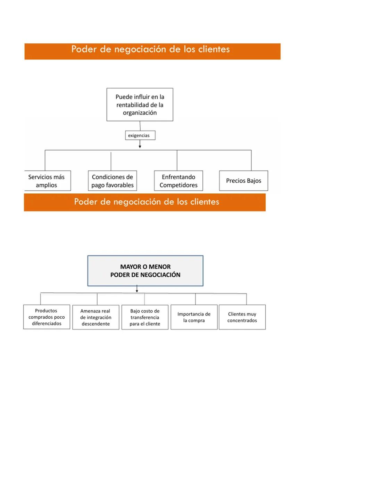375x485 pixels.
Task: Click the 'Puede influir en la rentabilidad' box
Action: click(x=140, y=104)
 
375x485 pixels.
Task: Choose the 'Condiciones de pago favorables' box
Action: click(x=112, y=181)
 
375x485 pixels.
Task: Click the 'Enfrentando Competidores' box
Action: click(x=178, y=181)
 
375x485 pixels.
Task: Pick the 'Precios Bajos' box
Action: click(x=243, y=181)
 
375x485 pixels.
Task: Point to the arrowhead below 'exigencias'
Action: click(x=140, y=147)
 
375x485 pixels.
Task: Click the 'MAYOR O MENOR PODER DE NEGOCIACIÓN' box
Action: click(x=145, y=271)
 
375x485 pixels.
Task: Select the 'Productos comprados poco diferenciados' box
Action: click(x=47, y=317)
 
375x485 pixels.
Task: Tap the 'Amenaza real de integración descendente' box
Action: click(x=95, y=317)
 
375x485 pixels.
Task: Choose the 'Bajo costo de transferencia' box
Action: click(x=145, y=317)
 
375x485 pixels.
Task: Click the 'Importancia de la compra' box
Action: click(x=194, y=317)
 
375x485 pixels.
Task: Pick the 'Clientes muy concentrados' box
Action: click(x=242, y=317)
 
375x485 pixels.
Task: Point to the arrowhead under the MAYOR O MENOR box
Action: click(x=137, y=291)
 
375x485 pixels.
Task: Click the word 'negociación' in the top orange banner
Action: click(x=140, y=49)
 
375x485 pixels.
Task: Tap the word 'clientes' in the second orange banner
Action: click(x=205, y=202)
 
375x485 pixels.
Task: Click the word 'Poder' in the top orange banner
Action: click(x=84, y=49)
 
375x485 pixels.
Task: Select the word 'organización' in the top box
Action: click(x=140, y=112)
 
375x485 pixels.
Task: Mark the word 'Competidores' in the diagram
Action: click(x=178, y=185)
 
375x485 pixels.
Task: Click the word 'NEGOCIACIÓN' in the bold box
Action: click(x=160, y=275)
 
